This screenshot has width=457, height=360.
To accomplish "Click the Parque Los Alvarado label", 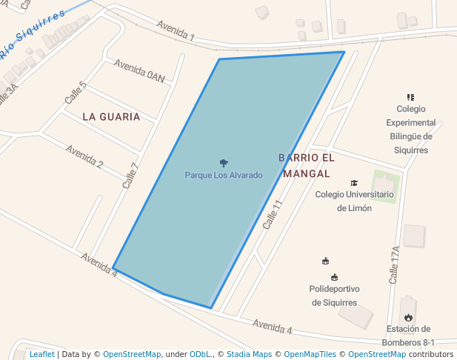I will (x=224, y=176).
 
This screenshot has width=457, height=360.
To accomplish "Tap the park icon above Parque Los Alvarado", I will (x=224, y=162).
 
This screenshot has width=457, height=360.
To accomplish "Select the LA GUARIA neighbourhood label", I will (x=111, y=116).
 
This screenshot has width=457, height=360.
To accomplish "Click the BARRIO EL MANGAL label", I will (x=307, y=165).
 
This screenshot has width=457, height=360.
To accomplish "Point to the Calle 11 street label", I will (x=273, y=214).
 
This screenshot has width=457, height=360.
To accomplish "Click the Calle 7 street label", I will (x=130, y=176).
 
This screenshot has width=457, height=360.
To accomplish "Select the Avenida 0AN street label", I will (x=139, y=70).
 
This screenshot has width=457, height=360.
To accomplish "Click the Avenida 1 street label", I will (x=176, y=30).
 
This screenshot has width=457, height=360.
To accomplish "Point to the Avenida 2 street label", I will (x=84, y=156).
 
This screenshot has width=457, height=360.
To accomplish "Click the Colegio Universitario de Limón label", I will (x=354, y=201).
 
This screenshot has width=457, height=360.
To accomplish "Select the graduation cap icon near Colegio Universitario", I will (x=354, y=183).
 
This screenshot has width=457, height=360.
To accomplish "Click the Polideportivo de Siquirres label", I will (x=334, y=296).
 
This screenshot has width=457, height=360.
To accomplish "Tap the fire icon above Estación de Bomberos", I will (x=408, y=317).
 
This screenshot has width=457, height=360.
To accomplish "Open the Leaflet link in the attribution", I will (x=42, y=354).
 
